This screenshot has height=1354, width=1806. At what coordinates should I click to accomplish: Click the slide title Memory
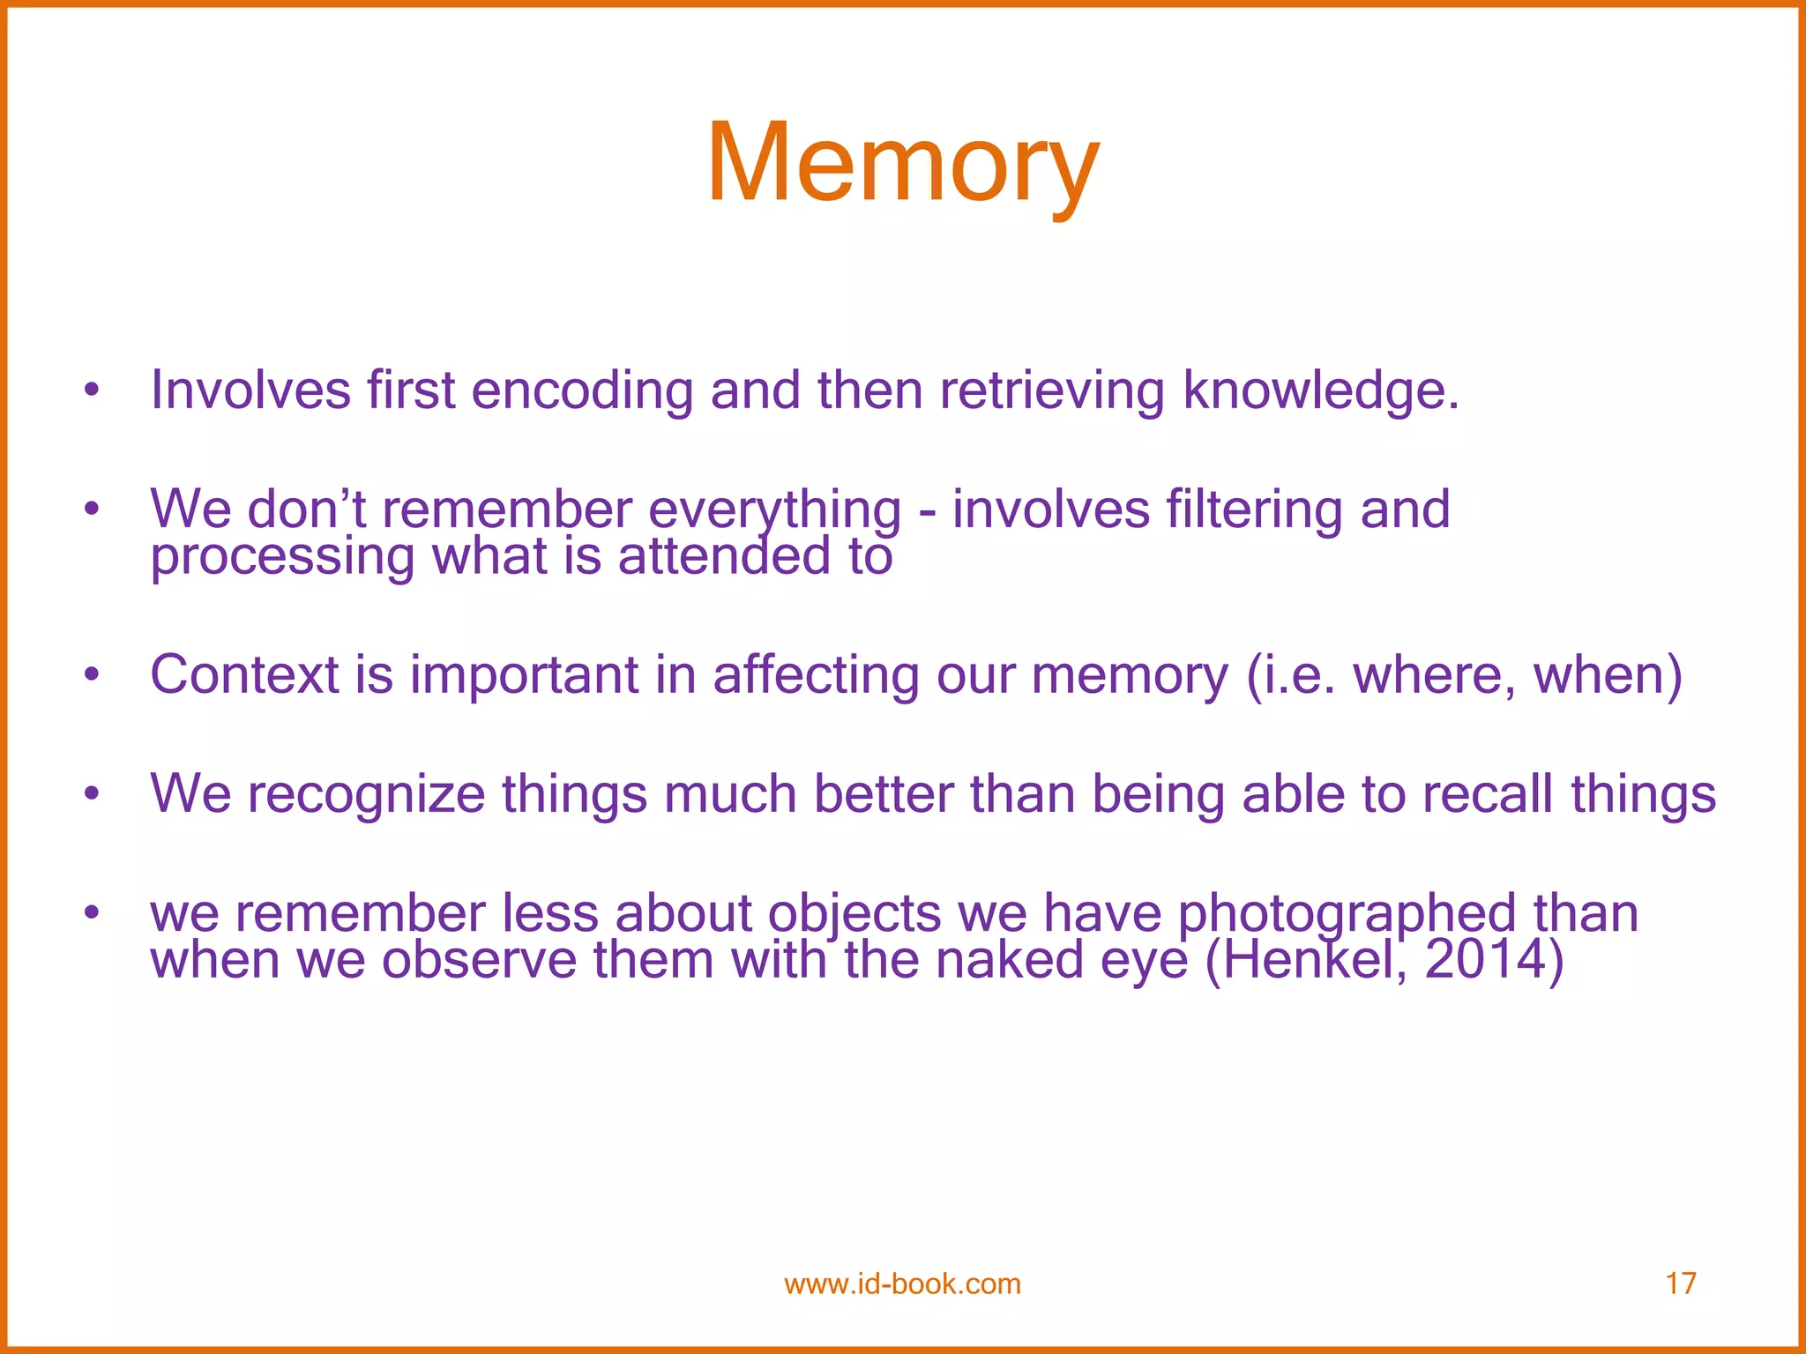pyautogui.click(x=902, y=165)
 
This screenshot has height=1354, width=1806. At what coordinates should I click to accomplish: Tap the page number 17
pyautogui.click(x=1680, y=1283)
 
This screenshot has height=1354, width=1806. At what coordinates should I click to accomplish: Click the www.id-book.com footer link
pyautogui.click(x=902, y=1284)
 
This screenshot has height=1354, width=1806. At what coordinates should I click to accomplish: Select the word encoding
pyautogui.click(x=582, y=391)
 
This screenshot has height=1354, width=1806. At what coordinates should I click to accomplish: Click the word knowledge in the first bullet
pyautogui.click(x=1320, y=391)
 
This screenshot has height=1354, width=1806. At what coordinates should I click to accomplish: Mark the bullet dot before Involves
pyautogui.click(x=91, y=391)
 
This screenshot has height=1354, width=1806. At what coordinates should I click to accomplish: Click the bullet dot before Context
pyautogui.click(x=91, y=675)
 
